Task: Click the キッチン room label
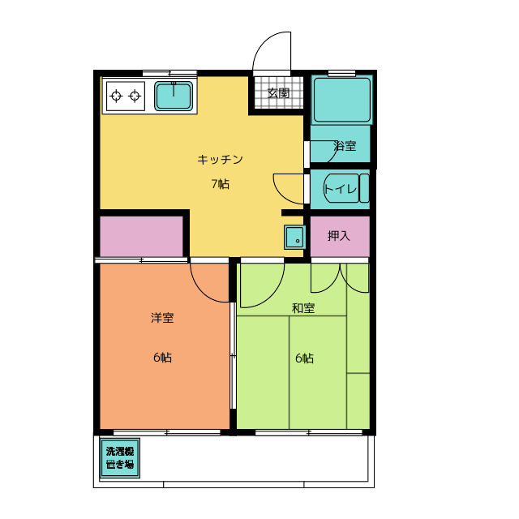221,159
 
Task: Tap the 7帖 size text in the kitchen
221,183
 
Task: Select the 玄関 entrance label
279,93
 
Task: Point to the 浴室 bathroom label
345,147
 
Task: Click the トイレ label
340,190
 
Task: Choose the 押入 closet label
338,236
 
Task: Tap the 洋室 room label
162,318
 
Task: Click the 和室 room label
304,308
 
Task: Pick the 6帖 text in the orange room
162,358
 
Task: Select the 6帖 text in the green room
304,358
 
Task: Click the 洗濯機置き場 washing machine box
119,459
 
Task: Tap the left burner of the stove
116,97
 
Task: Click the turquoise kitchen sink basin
174,97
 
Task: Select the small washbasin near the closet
294,238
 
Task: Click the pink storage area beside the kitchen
141,235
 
